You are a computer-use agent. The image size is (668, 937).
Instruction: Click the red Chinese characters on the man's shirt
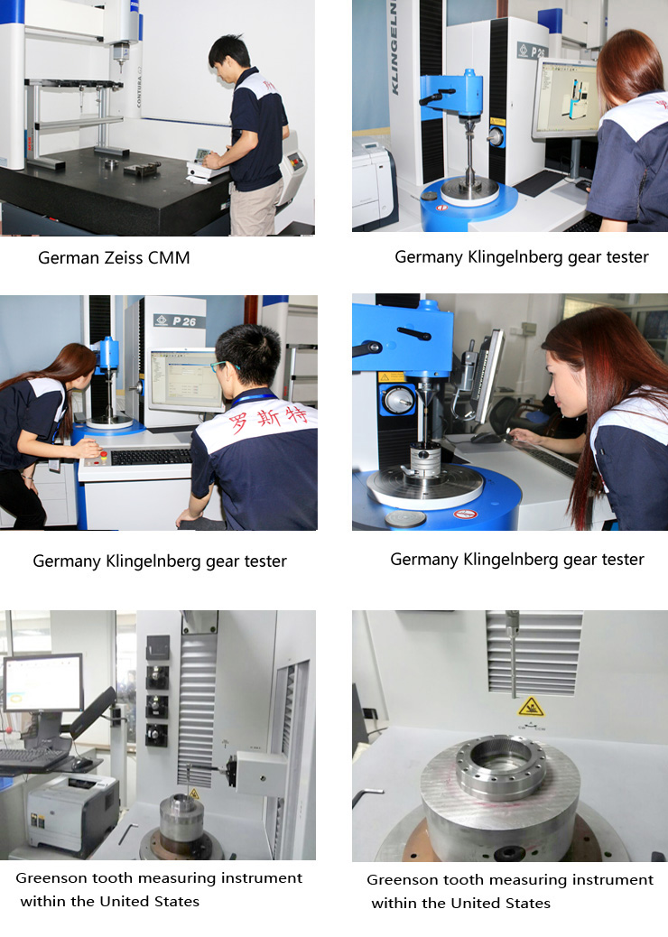point(268,418)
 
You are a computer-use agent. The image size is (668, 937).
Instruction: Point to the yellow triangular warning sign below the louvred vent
point(531,707)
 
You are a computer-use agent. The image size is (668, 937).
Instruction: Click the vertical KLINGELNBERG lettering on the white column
point(394,48)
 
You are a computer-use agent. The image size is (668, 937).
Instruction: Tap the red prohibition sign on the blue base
point(465,514)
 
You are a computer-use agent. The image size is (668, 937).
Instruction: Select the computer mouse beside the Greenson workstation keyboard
point(80,764)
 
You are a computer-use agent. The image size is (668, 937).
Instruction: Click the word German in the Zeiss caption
point(68,257)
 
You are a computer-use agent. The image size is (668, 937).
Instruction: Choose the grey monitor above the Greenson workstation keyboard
point(43,683)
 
